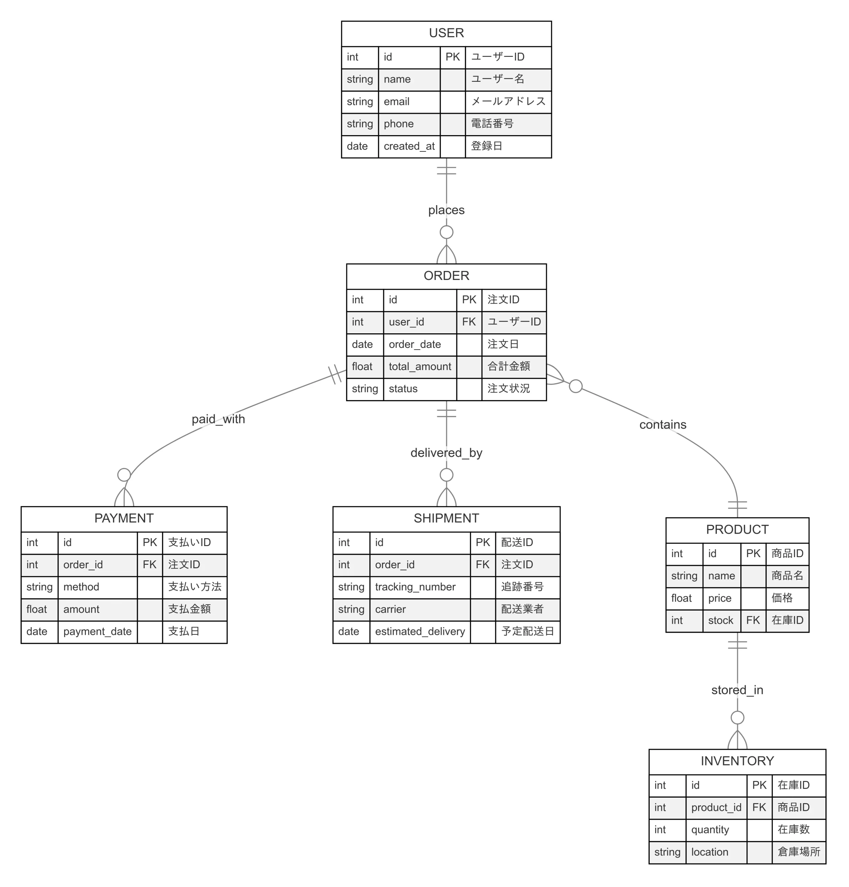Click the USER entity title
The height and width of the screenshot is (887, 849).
tap(446, 33)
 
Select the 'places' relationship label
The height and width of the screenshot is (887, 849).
tap(446, 210)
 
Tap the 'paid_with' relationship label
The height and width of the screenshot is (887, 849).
tap(218, 419)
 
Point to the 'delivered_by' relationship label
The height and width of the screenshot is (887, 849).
tap(446, 453)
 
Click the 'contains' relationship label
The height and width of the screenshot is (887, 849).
tap(662, 424)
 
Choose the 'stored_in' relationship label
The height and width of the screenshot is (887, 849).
tap(737, 690)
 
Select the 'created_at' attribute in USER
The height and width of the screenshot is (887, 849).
tap(409, 146)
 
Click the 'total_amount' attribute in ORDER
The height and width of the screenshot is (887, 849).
tap(419, 367)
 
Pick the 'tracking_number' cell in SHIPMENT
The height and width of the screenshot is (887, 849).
tap(415, 587)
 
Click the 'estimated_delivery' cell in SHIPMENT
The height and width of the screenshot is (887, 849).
tap(419, 631)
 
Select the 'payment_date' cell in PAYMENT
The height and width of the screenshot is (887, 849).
tap(97, 631)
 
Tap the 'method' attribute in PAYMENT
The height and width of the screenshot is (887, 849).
tap(81, 587)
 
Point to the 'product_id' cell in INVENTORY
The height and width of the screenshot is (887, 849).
tap(716, 808)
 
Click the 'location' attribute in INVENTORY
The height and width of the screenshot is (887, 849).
tap(709, 852)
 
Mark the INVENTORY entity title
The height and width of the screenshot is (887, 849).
tap(737, 761)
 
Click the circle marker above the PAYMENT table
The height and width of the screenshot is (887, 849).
tap(124, 475)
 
